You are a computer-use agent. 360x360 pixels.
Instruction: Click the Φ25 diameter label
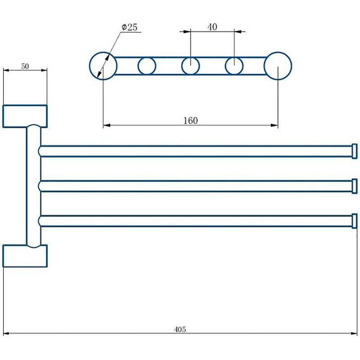[x=129, y=27]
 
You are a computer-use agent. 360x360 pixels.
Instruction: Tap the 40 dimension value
[x=212, y=27]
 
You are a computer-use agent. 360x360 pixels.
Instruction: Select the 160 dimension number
[x=190, y=121]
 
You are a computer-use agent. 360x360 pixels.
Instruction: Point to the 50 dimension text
[x=25, y=66]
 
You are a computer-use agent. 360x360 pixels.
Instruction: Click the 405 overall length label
[x=180, y=330]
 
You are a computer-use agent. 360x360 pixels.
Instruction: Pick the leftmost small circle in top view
[x=138, y=66]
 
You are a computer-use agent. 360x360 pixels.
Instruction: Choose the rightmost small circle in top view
[x=225, y=66]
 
